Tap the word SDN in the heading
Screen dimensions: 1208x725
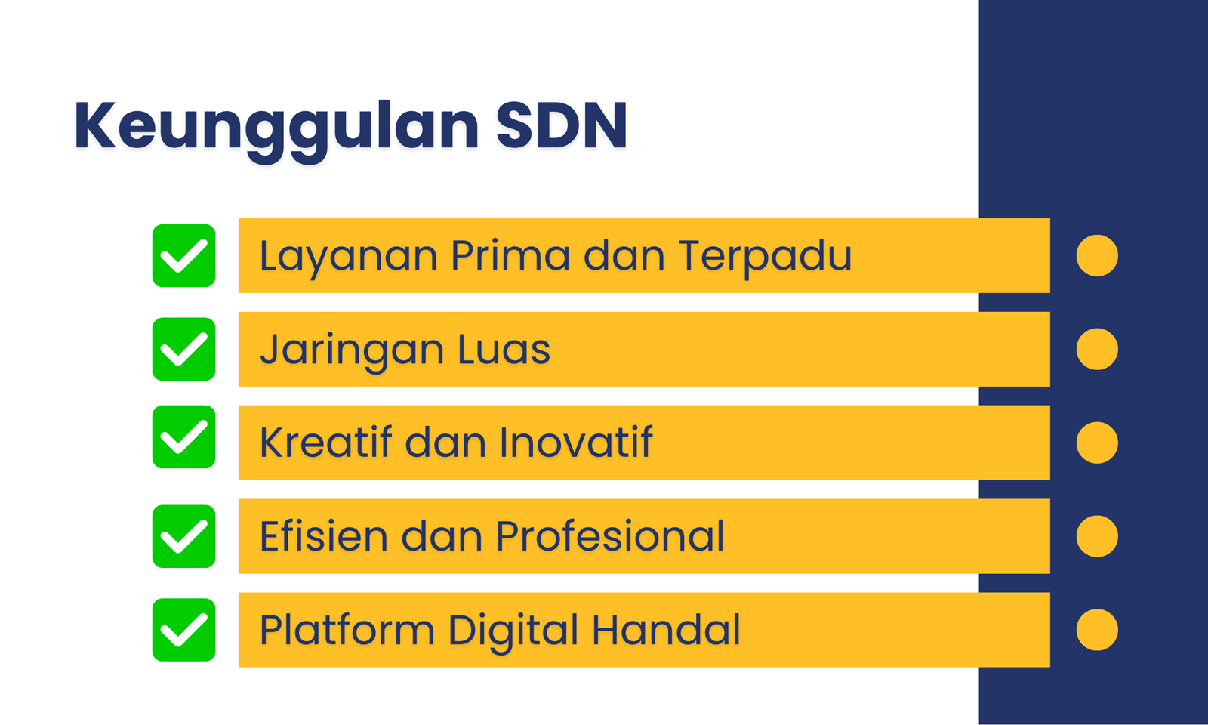click(562, 125)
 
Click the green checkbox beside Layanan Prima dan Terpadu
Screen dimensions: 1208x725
click(184, 256)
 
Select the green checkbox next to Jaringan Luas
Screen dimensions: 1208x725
click(184, 349)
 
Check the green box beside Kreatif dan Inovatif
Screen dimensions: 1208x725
click(184, 437)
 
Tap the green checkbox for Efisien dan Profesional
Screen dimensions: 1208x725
click(184, 536)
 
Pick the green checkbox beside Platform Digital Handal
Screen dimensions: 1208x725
click(184, 630)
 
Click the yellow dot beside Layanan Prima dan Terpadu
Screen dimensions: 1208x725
click(1097, 256)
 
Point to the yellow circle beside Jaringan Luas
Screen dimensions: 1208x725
click(1097, 349)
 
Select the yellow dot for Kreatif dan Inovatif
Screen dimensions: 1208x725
click(1097, 443)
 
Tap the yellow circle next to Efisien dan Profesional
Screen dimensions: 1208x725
click(1097, 536)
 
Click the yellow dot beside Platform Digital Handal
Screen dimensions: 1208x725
click(1097, 630)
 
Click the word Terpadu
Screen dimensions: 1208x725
click(765, 258)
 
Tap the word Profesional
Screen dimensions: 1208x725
click(610, 535)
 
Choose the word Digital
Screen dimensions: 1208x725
click(513, 632)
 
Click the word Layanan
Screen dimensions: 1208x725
click(348, 258)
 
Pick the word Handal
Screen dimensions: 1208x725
click(667, 629)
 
